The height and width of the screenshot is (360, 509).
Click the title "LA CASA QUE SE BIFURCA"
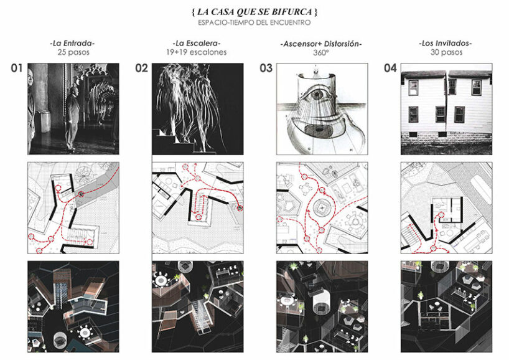254,12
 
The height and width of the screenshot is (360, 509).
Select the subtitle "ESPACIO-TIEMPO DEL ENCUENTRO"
254,23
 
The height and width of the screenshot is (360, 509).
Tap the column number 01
17,69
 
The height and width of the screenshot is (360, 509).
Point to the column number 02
141,69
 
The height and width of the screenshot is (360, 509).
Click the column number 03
266,69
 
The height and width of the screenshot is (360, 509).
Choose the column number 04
390,69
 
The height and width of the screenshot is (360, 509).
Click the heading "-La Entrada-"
72,43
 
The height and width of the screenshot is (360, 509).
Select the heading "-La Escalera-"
197,43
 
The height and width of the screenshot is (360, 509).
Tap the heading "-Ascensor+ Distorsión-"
321,44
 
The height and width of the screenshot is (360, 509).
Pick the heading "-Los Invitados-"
446,43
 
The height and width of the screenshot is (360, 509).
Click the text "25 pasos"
73,52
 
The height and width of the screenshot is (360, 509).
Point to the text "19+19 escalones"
197,52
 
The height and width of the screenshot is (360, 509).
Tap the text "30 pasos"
446,52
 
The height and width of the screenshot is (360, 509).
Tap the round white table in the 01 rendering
85,333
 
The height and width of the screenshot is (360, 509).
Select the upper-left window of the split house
413,87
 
